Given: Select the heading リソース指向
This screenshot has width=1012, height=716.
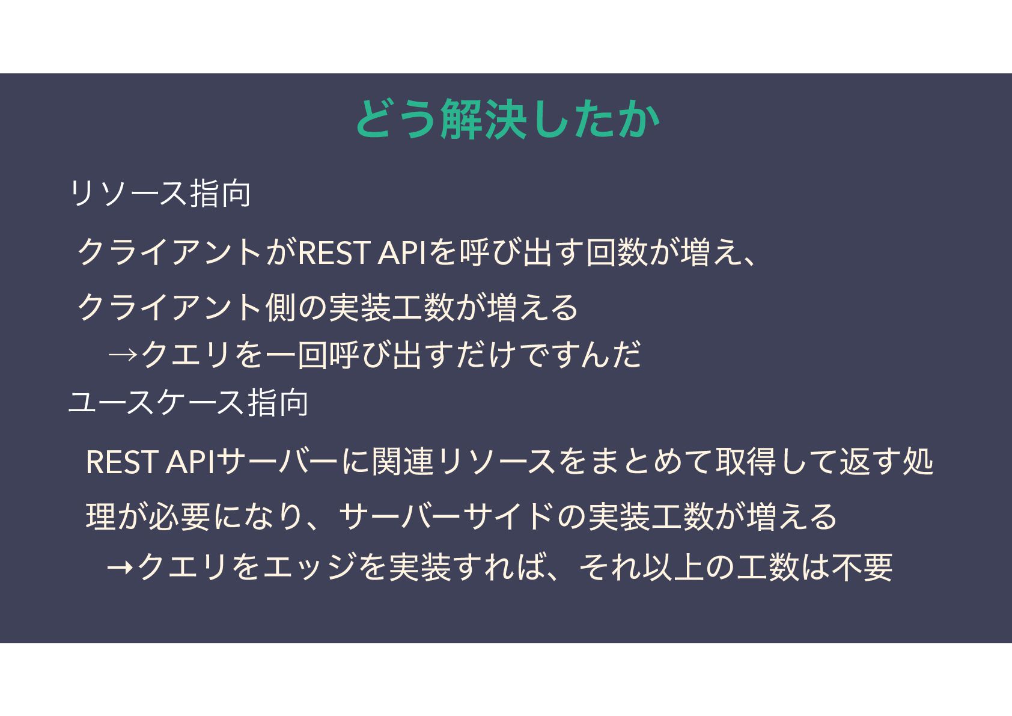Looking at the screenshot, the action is (160, 194).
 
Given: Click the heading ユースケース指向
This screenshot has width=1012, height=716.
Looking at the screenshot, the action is (189, 402).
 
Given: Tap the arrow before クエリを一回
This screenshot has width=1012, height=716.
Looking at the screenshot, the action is (123, 355).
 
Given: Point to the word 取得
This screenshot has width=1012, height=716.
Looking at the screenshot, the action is (745, 462).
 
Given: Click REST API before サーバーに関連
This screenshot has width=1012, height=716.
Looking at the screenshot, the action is (150, 462).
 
